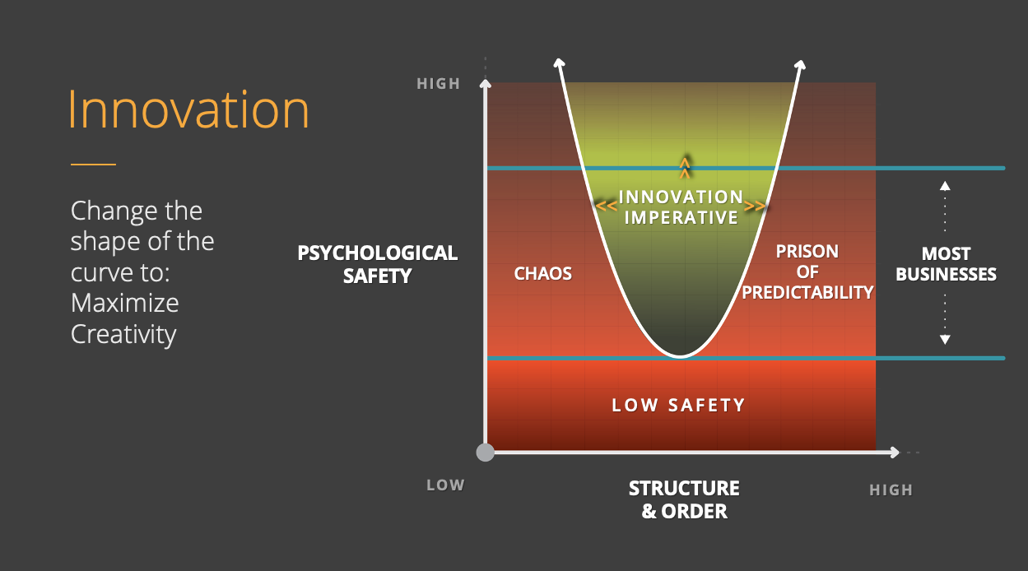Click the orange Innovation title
click(x=188, y=109)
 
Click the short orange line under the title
click(x=93, y=165)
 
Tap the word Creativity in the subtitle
click(x=123, y=335)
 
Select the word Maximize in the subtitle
click(x=125, y=304)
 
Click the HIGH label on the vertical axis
click(x=439, y=84)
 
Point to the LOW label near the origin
click(x=445, y=485)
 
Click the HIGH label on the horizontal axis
click(x=891, y=490)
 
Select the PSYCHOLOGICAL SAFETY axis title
click(x=378, y=264)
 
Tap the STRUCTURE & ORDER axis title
click(x=684, y=499)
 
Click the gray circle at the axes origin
click(x=486, y=452)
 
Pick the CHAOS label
click(x=543, y=274)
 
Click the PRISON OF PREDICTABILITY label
click(x=807, y=272)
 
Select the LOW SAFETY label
click(x=679, y=406)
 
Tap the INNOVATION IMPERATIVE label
click(x=681, y=207)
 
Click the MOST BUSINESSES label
click(x=946, y=264)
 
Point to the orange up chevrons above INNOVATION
click(x=685, y=168)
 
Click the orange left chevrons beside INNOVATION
click(x=607, y=206)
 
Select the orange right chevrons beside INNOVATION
click(x=755, y=206)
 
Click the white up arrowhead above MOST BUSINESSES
click(x=945, y=185)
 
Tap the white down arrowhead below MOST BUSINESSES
click(x=945, y=339)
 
